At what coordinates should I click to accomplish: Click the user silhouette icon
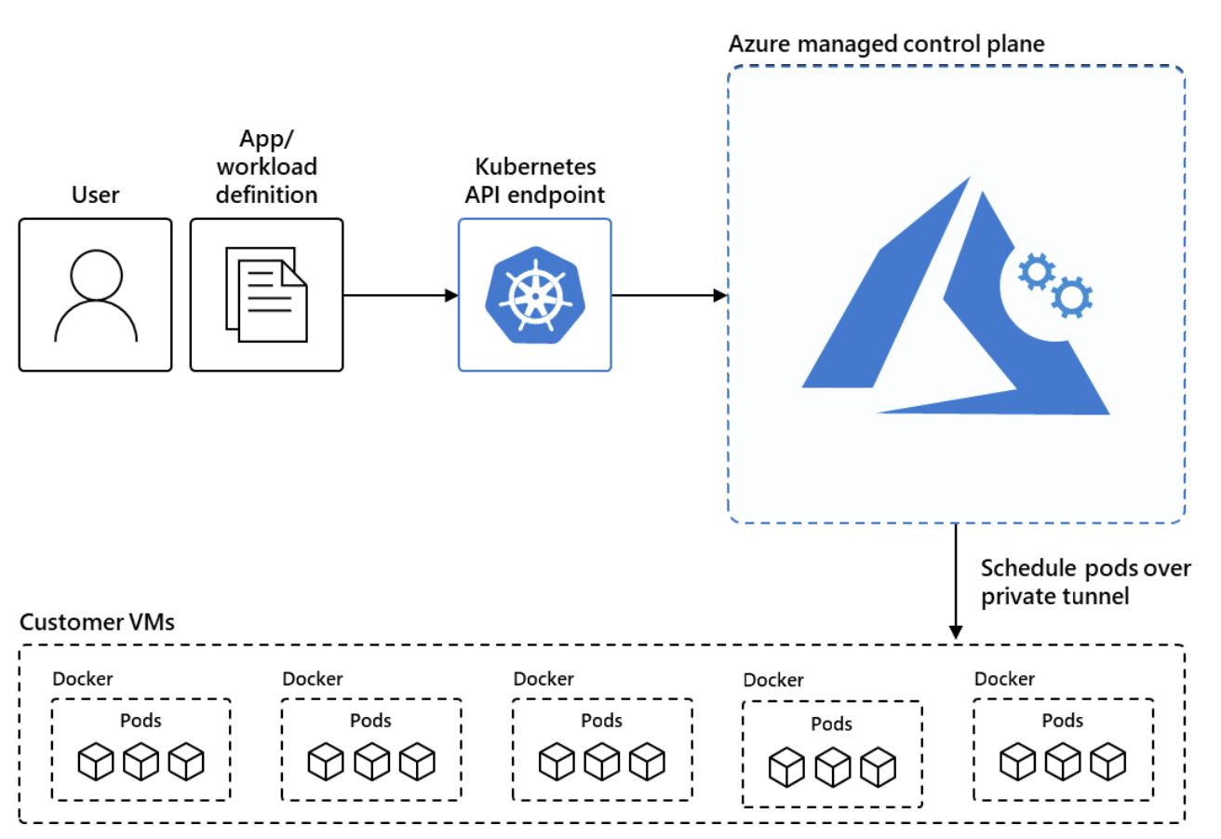(96, 296)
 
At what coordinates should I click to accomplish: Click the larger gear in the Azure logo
(1071, 297)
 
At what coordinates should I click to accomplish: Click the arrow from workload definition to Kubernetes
(400, 295)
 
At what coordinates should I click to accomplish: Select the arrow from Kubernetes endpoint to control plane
(668, 295)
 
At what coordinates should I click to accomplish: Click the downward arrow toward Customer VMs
(955, 582)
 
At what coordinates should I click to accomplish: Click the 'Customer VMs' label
(97, 622)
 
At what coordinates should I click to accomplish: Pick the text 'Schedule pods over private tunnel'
(1084, 582)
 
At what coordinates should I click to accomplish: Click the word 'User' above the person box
(95, 196)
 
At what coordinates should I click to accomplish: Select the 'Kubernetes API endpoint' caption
(535, 182)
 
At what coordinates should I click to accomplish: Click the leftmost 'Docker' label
(83, 679)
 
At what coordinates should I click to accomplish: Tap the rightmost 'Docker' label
(1004, 679)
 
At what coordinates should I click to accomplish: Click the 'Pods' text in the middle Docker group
(601, 720)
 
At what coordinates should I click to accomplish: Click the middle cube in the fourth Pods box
(832, 766)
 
